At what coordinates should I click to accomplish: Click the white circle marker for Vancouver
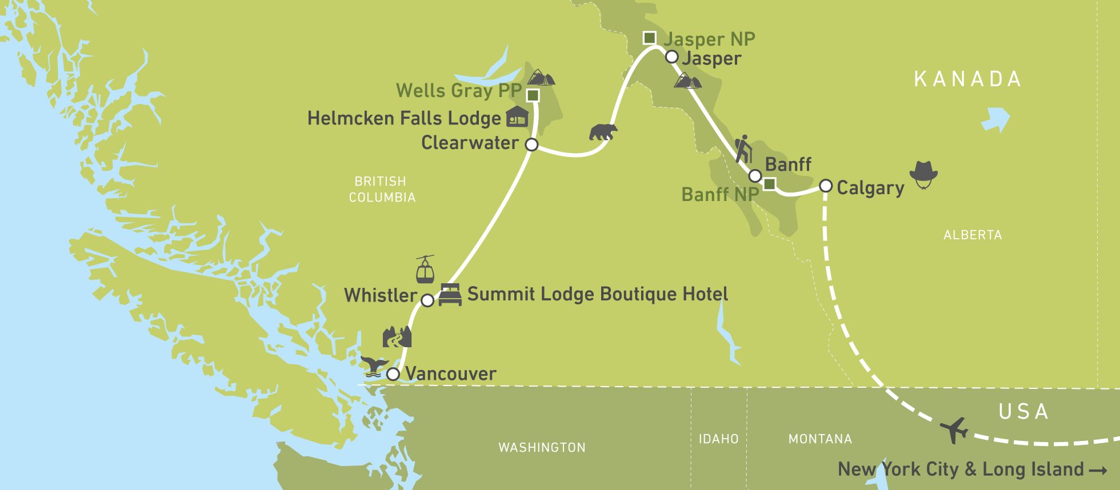[x=393, y=374]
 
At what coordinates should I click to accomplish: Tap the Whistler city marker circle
[x=427, y=300]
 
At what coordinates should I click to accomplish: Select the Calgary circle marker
[x=826, y=186]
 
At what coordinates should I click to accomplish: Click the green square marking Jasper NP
[x=649, y=38]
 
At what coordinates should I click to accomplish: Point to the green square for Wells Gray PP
[x=533, y=95]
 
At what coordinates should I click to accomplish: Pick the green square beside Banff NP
[x=769, y=184]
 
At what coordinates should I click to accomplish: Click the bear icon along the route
[x=603, y=132]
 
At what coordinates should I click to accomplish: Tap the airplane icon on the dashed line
[x=954, y=429]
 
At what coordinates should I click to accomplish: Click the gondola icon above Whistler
[x=425, y=270]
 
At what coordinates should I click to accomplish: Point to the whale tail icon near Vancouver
[x=374, y=366]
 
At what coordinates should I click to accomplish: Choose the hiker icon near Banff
[x=743, y=150]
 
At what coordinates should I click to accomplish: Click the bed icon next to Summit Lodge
[x=450, y=295]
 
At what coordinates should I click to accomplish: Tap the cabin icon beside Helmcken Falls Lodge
[x=517, y=117]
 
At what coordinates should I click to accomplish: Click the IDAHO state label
[x=718, y=439]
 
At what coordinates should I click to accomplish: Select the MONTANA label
[x=820, y=439]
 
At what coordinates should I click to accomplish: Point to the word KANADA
[x=967, y=79]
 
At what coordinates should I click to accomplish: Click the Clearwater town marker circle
[x=531, y=144]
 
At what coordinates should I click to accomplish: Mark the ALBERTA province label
[x=973, y=235]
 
